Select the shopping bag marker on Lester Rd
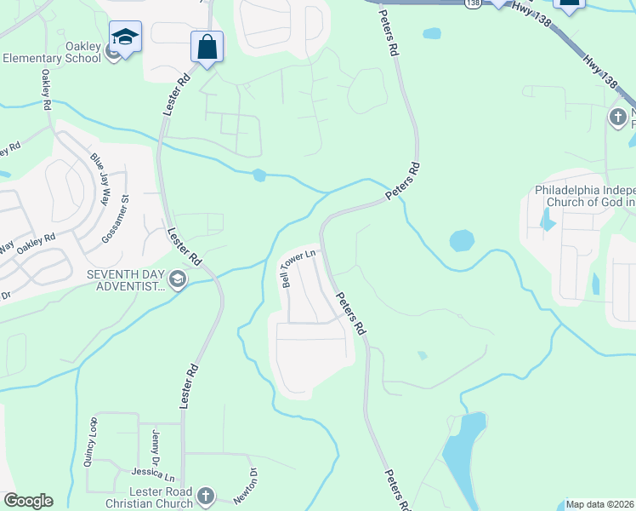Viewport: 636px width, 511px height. [x=207, y=48]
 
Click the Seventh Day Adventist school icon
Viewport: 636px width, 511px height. [x=177, y=279]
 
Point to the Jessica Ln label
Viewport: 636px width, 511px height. [x=152, y=472]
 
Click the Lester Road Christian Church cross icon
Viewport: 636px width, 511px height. [x=205, y=497]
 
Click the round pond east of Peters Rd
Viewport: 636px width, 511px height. [x=462, y=240]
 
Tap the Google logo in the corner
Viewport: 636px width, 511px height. [x=28, y=501]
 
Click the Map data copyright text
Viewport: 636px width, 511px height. [x=600, y=504]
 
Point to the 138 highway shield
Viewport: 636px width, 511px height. [x=473, y=4]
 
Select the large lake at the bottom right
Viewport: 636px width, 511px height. [x=465, y=460]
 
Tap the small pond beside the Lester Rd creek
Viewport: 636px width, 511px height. [x=259, y=175]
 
